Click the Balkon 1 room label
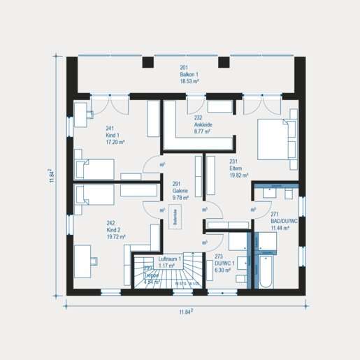[x=189, y=75]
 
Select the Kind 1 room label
[x=115, y=135]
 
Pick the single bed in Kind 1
[x=94, y=168]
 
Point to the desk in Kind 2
[x=87, y=257]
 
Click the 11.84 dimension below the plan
[x=185, y=312]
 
